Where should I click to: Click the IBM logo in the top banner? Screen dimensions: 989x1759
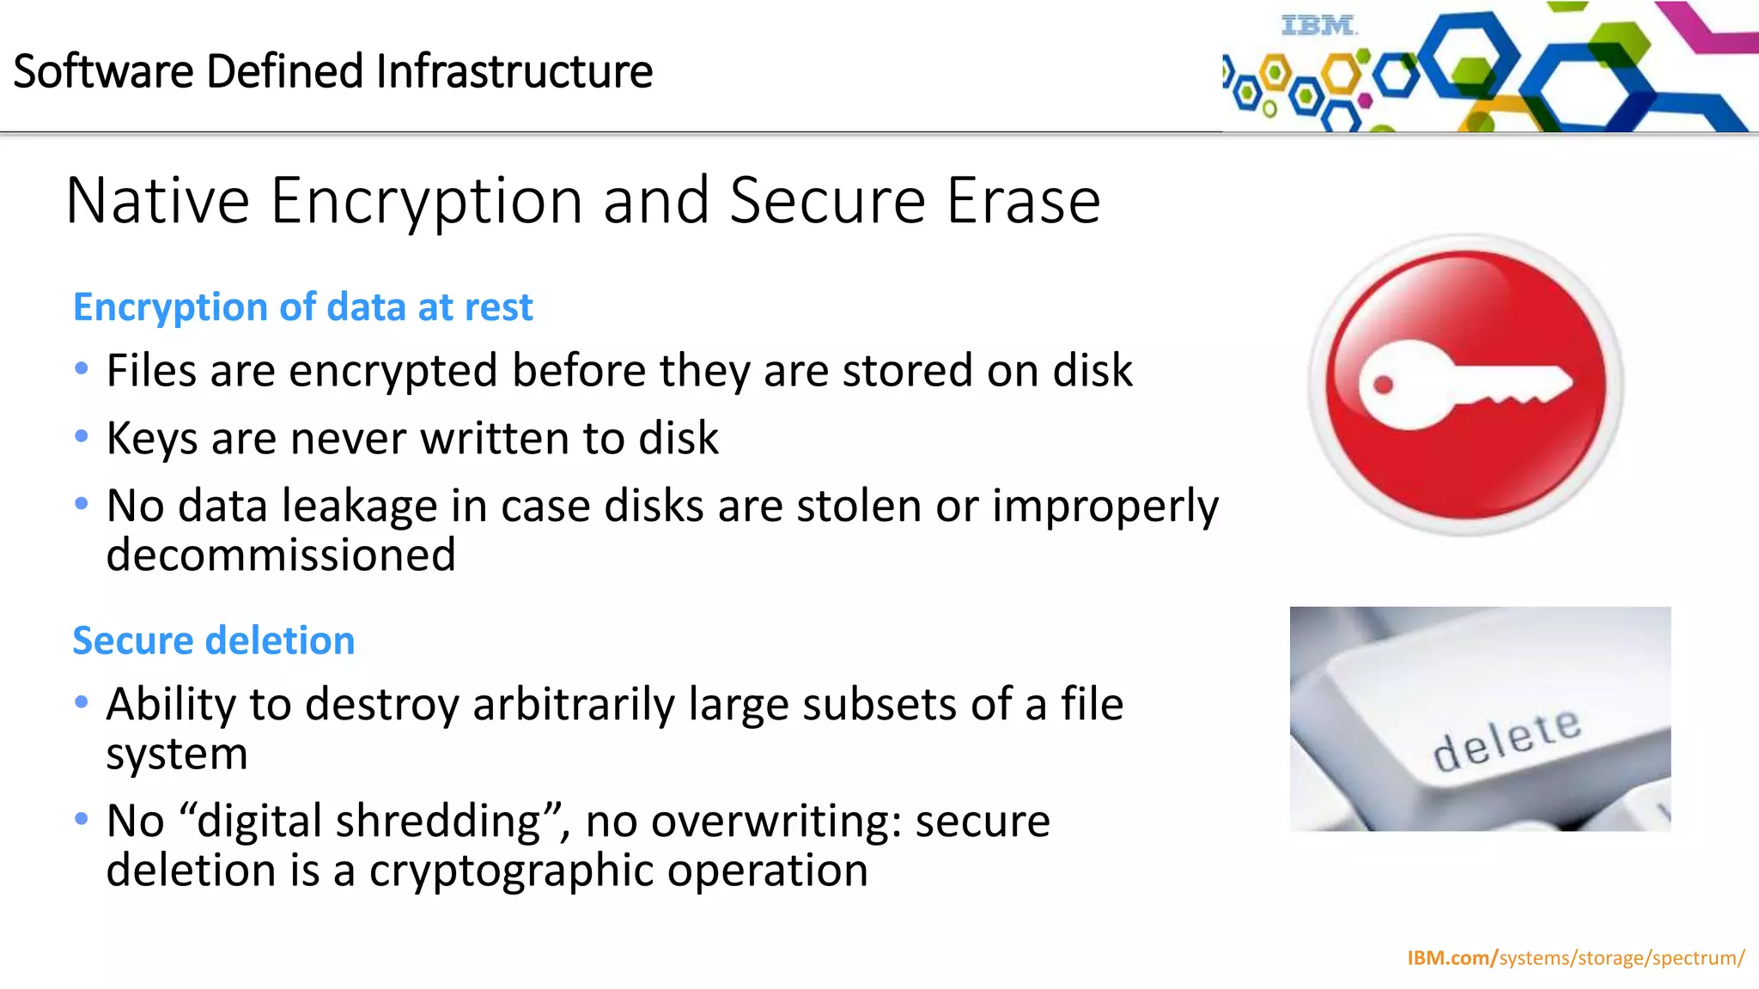coord(1318,26)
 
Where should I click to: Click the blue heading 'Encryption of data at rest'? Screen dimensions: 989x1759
coord(302,307)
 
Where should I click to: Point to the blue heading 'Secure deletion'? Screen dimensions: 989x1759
coord(213,640)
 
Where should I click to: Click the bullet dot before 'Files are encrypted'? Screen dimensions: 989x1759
coord(82,369)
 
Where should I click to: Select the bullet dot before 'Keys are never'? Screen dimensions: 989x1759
coord(82,437)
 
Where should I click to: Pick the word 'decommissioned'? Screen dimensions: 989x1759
coord(281,555)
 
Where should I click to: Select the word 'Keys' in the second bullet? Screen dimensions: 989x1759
coord(152,439)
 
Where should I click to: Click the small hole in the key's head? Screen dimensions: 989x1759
coord(1383,384)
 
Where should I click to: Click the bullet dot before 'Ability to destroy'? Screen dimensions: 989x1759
coord(82,702)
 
